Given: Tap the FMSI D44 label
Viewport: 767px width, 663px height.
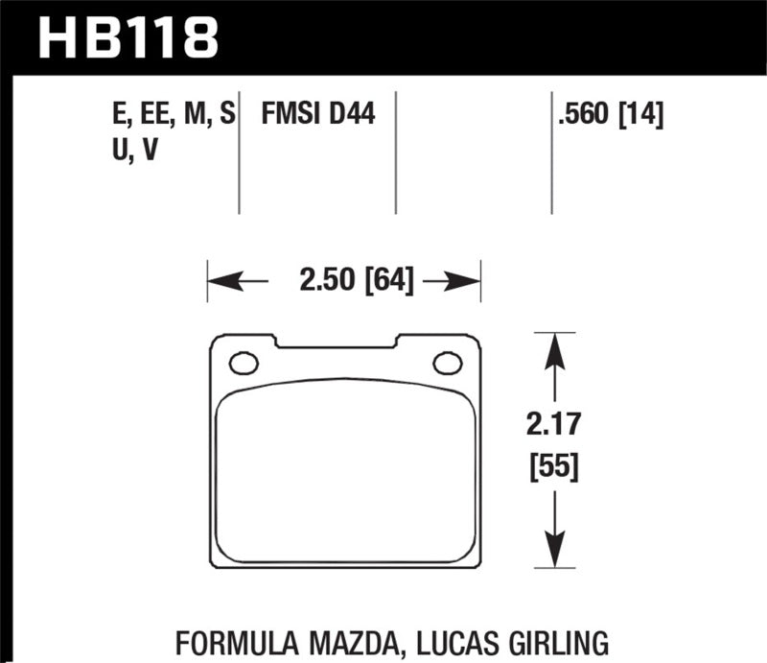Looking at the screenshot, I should [x=318, y=118].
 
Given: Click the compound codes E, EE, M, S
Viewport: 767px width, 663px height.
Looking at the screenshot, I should [x=173, y=118].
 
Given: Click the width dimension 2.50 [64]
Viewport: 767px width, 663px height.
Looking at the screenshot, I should [x=342, y=281].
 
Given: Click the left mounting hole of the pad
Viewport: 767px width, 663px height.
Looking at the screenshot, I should [x=244, y=364].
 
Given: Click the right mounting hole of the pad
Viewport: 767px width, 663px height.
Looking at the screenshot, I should [x=447, y=364].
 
